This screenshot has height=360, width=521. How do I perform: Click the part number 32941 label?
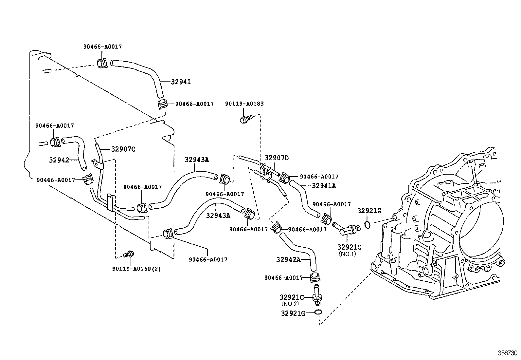point(181,82)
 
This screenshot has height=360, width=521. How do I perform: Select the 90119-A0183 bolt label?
point(244,104)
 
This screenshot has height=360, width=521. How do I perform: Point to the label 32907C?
point(123,149)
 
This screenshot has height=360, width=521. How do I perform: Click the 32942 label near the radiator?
point(59,160)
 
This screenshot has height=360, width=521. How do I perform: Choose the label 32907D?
point(277,158)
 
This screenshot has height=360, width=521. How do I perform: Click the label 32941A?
point(324,186)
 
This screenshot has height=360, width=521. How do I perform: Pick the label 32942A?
point(288,260)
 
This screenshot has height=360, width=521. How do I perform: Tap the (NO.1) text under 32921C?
point(347,254)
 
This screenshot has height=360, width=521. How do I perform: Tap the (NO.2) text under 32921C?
point(290,304)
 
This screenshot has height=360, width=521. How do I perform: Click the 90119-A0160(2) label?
point(136,269)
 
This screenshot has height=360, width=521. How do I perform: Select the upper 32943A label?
point(197,160)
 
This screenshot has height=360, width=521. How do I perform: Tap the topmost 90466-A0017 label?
point(102,47)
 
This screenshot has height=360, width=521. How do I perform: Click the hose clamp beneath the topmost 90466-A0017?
point(102,63)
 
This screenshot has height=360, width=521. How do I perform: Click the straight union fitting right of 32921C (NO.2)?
point(317,295)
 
